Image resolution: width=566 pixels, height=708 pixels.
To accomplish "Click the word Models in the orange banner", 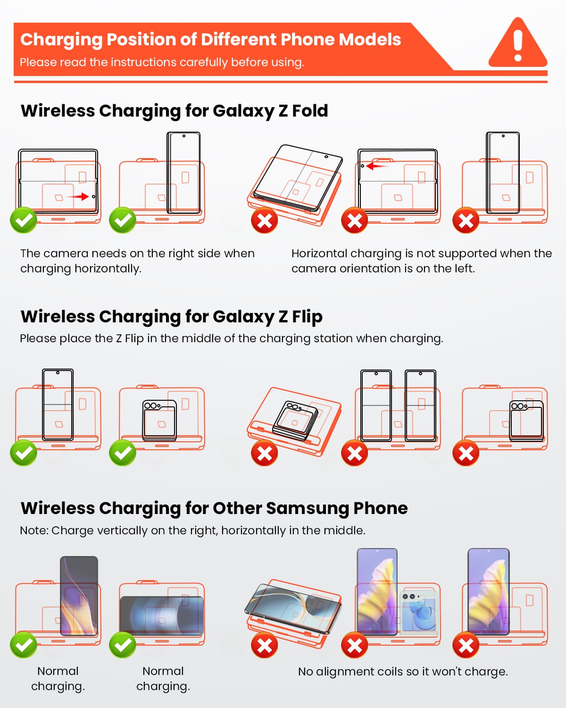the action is [x=370, y=40].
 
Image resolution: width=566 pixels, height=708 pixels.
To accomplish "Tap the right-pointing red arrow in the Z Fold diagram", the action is [x=78, y=196].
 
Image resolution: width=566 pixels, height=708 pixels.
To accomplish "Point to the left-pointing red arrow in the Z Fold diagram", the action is [x=377, y=166].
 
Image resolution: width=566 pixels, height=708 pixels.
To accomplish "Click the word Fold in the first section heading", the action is [x=310, y=110].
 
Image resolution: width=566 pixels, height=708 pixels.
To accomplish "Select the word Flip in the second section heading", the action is [x=307, y=317].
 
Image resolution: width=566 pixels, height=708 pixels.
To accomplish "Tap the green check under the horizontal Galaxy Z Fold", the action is [x=24, y=220].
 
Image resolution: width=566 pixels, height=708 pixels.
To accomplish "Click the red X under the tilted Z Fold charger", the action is [x=265, y=220].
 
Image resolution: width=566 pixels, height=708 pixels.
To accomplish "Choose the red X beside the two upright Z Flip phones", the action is [x=355, y=453].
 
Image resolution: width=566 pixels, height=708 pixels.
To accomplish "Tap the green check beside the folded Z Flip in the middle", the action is [x=123, y=453].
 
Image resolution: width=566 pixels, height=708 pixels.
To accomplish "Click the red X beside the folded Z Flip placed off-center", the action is [x=466, y=453].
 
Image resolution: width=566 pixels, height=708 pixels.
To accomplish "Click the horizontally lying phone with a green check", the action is [x=161, y=615].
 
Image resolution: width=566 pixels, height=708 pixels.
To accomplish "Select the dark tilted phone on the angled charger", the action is [x=293, y=608].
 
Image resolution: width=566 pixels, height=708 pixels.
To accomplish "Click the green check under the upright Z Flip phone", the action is [x=24, y=453].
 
